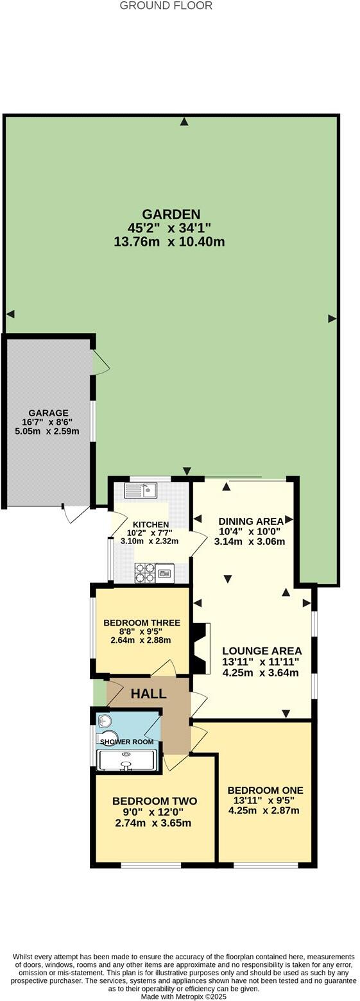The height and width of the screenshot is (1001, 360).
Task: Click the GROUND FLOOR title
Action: [166, 6]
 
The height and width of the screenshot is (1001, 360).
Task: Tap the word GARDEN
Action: [171, 214]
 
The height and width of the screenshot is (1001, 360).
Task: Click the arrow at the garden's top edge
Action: [185, 121]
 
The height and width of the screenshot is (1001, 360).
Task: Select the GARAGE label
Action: [48, 413]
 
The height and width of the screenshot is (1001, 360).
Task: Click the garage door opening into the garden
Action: [101, 363]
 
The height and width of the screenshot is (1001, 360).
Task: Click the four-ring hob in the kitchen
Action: [144, 572]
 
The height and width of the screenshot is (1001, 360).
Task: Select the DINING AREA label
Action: [251, 521]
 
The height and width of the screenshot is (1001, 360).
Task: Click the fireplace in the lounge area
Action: [200, 649]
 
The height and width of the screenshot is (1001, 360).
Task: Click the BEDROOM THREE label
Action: [142, 623]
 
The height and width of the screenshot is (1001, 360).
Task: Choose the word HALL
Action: [149, 694]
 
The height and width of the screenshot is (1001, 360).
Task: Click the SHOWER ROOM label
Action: [126, 742]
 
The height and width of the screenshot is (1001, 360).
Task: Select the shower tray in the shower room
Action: [126, 760]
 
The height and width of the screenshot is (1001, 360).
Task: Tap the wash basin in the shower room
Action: [105, 721]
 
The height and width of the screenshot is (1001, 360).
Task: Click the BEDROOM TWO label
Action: [154, 801]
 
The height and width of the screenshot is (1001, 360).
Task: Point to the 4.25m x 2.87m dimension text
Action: [264, 810]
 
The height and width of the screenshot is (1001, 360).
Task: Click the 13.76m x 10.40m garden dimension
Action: [169, 242]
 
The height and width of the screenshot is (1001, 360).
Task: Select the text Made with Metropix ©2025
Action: [184, 997]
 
